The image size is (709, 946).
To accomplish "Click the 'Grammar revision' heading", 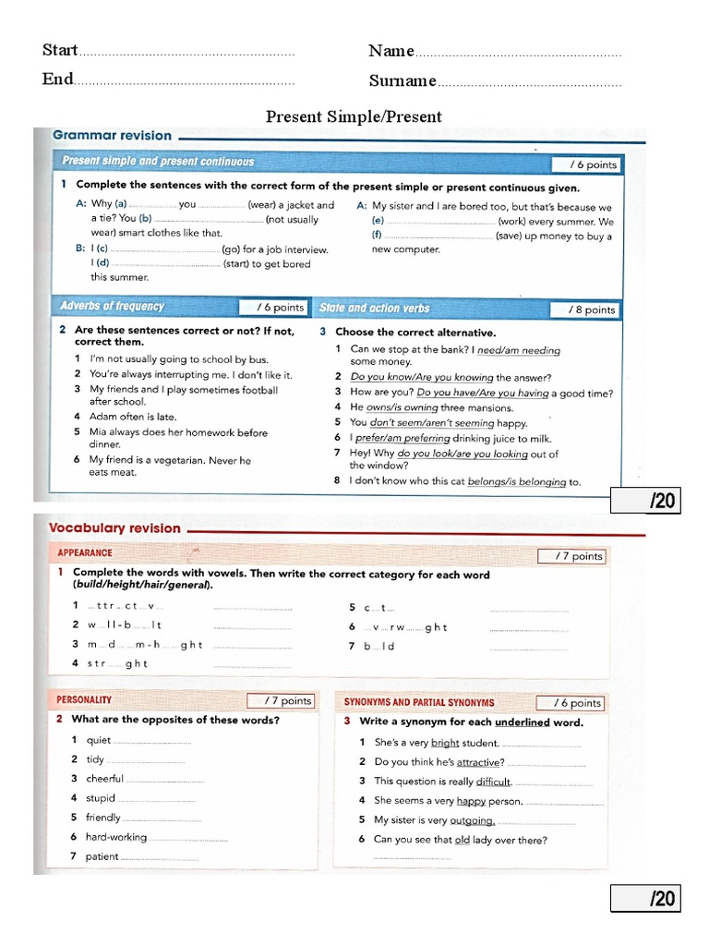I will point(112,135).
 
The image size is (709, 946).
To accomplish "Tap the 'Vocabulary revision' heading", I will point(114,528).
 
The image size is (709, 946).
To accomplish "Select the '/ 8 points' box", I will point(585,309).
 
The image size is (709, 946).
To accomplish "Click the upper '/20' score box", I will point(645,502).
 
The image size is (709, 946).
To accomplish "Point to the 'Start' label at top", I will point(59,51).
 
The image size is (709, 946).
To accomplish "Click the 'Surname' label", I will point(403,81).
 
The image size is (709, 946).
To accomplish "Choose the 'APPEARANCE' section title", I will point(85,553).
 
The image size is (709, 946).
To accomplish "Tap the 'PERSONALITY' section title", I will point(84,700).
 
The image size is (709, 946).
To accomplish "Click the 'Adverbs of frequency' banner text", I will point(112,307).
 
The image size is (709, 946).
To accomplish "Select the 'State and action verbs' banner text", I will point(374,309).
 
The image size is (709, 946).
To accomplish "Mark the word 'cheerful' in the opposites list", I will point(104,779).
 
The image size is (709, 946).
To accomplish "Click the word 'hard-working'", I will point(116,837).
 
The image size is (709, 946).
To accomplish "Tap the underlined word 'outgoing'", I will point(472,820).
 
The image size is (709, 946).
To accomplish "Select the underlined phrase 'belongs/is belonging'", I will point(517,481).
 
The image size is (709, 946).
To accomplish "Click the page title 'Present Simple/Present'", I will point(354,116).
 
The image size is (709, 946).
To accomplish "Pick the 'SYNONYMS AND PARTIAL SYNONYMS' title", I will point(419,702).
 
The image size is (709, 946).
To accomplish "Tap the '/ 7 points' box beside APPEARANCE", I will point(571,556).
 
